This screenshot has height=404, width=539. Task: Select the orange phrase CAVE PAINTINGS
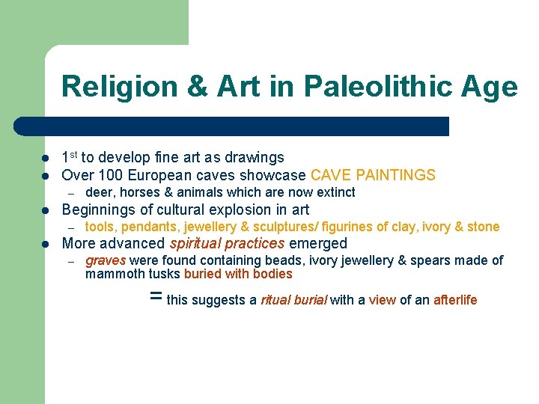[x=373, y=176]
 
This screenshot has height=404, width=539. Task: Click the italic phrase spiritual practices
[x=227, y=243]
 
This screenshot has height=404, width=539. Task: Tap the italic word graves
[x=106, y=260]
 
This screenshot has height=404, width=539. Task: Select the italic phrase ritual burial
[x=293, y=300]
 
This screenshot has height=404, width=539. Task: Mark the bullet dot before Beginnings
[x=46, y=210]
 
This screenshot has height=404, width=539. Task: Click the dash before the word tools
[x=72, y=227]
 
